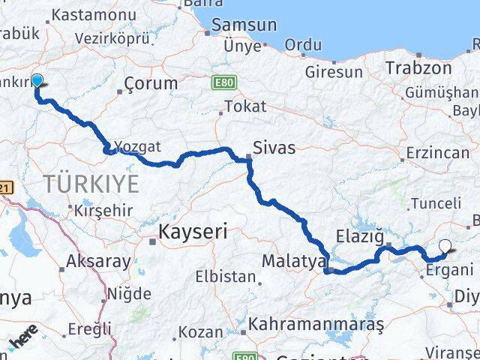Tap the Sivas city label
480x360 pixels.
point(274,147)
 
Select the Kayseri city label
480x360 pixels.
point(193,232)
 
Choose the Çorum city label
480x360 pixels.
point(151,83)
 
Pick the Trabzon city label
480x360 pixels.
point(418,68)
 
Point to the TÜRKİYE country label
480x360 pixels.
point(91,183)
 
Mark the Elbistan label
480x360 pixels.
point(226,276)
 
